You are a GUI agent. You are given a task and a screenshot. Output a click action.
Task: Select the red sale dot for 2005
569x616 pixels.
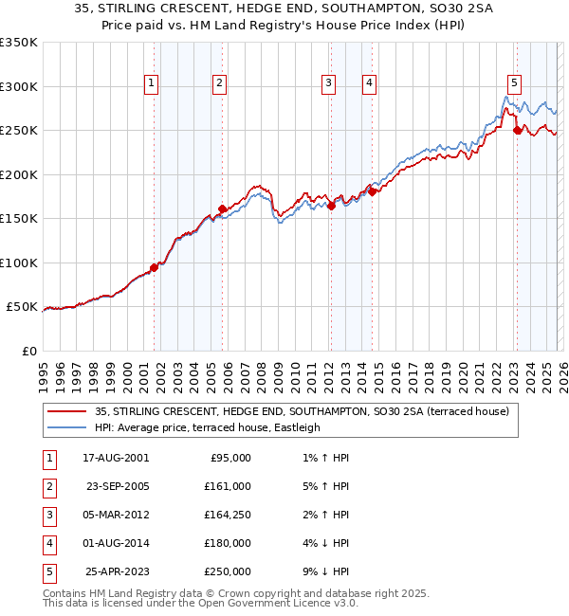pyautogui.click(x=222, y=208)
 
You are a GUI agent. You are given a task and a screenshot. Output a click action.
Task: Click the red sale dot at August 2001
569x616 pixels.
pyautogui.click(x=154, y=266)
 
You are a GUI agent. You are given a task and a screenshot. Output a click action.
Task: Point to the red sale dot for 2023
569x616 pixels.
pyautogui.click(x=517, y=131)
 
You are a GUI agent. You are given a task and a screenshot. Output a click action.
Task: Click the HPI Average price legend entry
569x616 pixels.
pyautogui.click(x=208, y=427)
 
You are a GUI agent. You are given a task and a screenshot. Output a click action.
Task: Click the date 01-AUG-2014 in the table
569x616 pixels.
pyautogui.click(x=118, y=543)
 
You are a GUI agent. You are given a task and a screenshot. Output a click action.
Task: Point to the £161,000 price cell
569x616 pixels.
pyautogui.click(x=228, y=486)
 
